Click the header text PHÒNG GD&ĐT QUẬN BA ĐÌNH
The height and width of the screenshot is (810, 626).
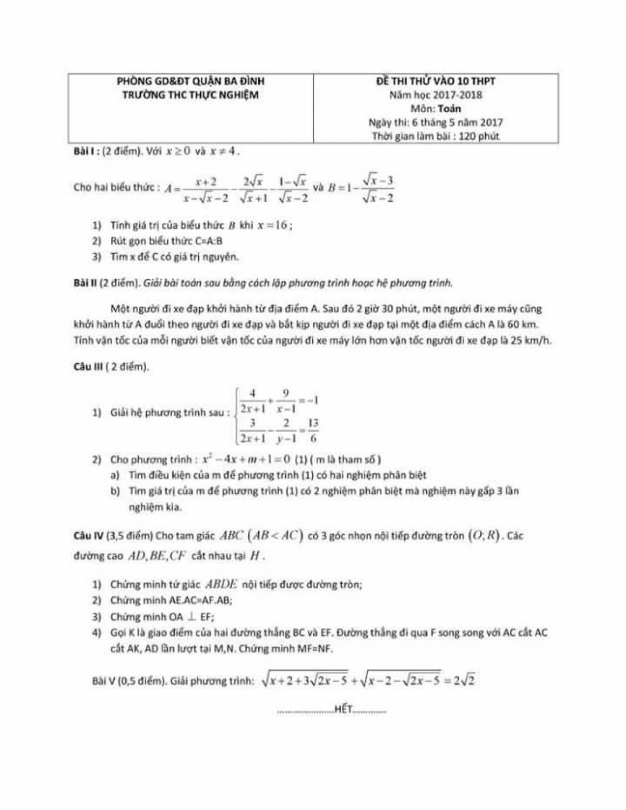[190, 81]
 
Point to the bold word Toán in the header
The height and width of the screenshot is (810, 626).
[449, 109]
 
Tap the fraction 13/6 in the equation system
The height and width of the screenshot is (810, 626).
[313, 430]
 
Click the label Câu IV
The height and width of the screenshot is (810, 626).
[88, 536]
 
